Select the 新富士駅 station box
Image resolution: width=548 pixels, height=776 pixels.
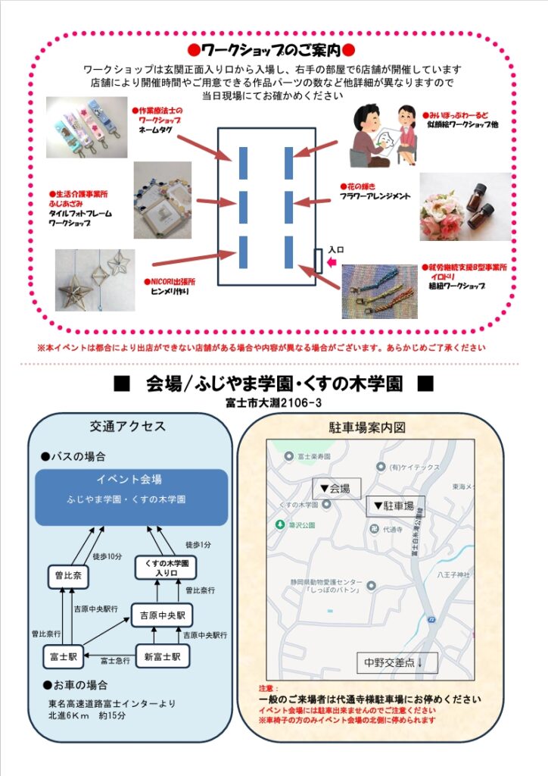162,656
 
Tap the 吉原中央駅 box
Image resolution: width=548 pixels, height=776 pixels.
162,615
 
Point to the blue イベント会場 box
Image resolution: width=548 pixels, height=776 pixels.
132,496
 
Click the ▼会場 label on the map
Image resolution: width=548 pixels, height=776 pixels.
337,488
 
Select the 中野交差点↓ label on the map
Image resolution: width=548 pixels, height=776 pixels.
397,663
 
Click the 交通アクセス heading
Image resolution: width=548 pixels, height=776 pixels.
128,427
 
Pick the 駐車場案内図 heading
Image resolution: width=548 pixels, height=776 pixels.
369,427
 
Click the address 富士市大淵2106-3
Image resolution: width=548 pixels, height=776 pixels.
273,402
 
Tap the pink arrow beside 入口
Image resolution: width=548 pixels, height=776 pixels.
331,263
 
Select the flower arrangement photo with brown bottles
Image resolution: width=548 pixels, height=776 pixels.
465,206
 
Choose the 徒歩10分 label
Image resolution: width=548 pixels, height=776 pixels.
107,556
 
